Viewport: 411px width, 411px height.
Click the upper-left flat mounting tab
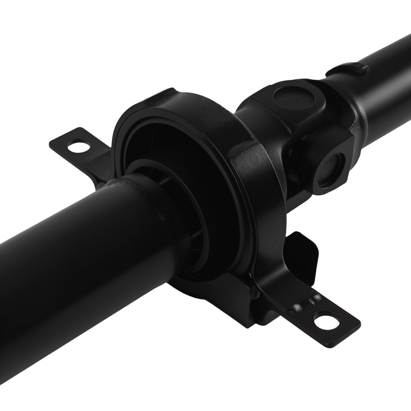pos(82,148)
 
